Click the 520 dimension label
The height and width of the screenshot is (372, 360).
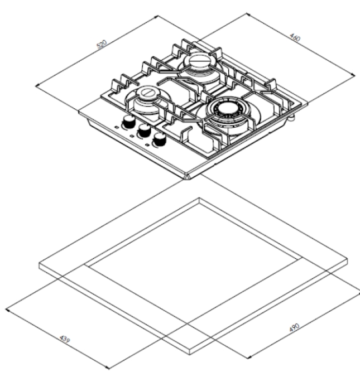coord(102,44)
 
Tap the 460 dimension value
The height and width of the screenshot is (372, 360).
coord(295,37)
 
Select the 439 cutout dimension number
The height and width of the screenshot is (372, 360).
coord(64,339)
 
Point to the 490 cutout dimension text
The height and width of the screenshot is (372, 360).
coord(295,327)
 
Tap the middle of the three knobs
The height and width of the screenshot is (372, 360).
coord(145,131)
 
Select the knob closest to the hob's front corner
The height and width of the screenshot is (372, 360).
coord(160,139)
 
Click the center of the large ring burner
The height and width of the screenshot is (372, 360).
coord(228,110)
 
